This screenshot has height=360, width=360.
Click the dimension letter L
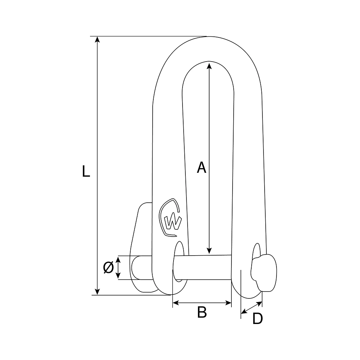tap(85, 172)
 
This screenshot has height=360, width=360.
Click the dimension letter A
tap(202, 167)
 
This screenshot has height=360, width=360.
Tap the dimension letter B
tap(202, 312)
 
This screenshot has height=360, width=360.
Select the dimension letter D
tap(257, 319)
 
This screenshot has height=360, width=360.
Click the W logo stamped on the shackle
tap(171, 219)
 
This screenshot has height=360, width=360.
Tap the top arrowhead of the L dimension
tap(97, 40)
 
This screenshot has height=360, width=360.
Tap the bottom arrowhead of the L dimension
tap(97, 292)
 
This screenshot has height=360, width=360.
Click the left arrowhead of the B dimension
tap(175, 303)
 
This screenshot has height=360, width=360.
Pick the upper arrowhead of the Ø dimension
tap(118, 259)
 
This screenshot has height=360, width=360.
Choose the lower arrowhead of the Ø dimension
tap(118, 276)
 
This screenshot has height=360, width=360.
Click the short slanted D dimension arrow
tap(251, 306)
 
